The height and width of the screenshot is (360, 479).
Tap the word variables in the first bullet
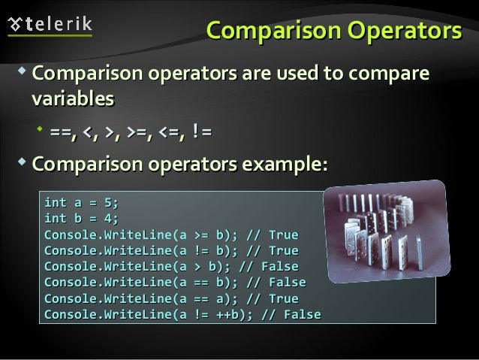(73, 98)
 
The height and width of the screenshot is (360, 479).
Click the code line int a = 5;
(81, 202)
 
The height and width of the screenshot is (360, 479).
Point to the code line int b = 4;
(81, 218)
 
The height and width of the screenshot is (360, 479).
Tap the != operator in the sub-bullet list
(200, 133)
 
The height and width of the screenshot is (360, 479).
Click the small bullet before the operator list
(41, 132)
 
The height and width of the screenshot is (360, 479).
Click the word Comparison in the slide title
(271, 32)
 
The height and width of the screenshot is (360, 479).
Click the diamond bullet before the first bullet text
(20, 74)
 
